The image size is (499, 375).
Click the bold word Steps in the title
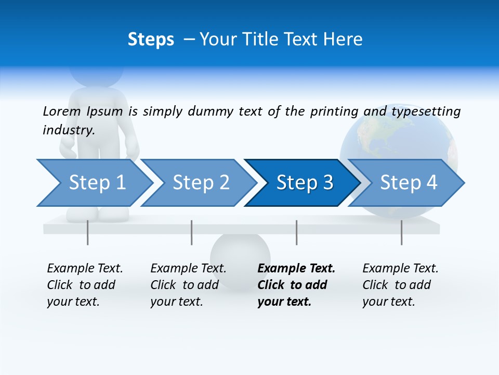(151, 40)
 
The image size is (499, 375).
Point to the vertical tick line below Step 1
(88, 232)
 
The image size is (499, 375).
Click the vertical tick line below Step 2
(192, 232)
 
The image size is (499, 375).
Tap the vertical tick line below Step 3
(297, 232)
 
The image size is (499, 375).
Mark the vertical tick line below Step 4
(402, 232)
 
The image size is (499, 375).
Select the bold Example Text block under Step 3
(296, 285)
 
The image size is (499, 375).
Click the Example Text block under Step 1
(85, 285)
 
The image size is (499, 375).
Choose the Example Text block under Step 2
(188, 285)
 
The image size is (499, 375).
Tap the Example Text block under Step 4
(400, 285)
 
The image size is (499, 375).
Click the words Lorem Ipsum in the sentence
(83, 111)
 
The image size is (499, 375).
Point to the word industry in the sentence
(68, 130)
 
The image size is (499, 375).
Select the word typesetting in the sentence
(426, 111)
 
